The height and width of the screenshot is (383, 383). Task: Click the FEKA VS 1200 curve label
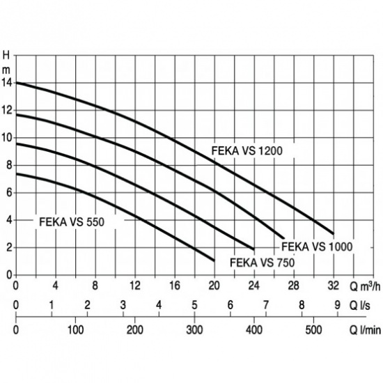pos(247,150)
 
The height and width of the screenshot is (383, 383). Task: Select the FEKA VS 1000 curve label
pos(317,247)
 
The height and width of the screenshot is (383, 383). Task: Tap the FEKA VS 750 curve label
pos(263,263)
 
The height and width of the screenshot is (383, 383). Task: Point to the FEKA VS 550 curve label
pos(72,222)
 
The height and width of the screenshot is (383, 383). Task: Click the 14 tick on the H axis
pos(6,83)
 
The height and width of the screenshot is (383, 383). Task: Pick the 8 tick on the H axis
pos(9,165)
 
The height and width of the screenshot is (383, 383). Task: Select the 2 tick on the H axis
pos(9,248)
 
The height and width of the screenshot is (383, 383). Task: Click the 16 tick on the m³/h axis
pos(175,286)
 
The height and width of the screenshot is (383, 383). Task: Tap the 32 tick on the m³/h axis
pos(334,286)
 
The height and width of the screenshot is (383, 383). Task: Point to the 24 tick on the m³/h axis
pos(254,286)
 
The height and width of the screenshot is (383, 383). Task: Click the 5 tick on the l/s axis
pos(194,305)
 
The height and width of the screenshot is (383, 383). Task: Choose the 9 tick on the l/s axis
pos(337,305)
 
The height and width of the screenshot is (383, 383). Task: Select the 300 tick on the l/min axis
pos(194,330)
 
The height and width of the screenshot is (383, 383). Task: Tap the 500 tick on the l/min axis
pos(313,330)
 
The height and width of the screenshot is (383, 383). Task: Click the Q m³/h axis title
pos(365,286)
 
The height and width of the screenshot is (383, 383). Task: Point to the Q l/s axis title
pos(360,305)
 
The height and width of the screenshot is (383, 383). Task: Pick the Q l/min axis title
pos(365,330)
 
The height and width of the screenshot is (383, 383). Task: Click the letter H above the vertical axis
pos(6,56)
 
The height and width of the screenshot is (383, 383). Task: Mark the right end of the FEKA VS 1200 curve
pos(333,234)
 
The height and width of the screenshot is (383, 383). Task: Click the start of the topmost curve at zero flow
pos(16,83)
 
